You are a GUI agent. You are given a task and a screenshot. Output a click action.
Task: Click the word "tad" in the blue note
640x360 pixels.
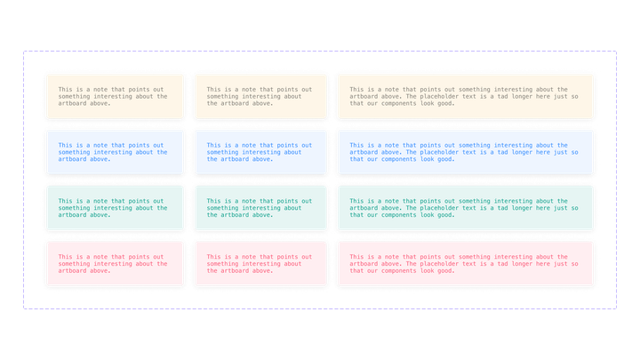(493, 152)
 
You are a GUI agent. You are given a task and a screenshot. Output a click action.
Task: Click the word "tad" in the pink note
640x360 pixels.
(493, 264)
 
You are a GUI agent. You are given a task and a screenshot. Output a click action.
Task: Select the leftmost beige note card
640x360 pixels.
(113, 96)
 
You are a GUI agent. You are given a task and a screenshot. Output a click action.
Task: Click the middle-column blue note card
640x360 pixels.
(260, 152)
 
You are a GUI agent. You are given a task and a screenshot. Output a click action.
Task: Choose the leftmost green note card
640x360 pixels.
(113, 208)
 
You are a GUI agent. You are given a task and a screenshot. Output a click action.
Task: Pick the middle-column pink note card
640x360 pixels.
(260, 264)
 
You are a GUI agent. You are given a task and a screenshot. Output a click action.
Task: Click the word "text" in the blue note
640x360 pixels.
(476, 152)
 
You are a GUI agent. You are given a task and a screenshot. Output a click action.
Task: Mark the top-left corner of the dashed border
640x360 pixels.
(24, 51)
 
